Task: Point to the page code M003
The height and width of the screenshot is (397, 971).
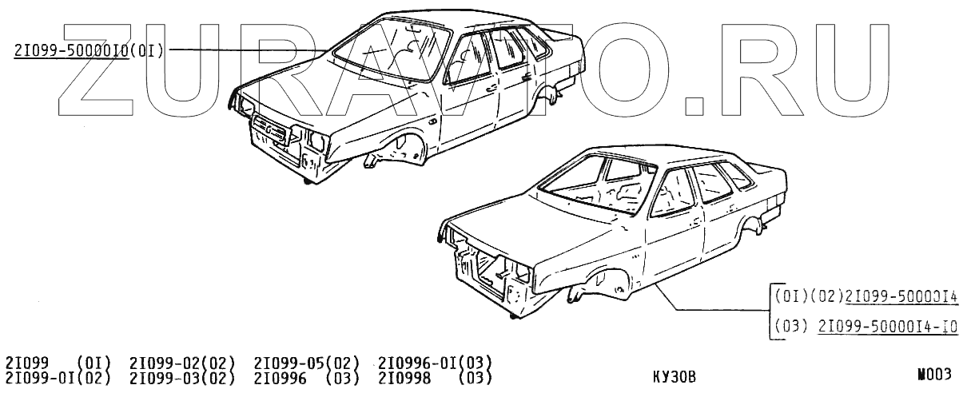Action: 935,374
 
